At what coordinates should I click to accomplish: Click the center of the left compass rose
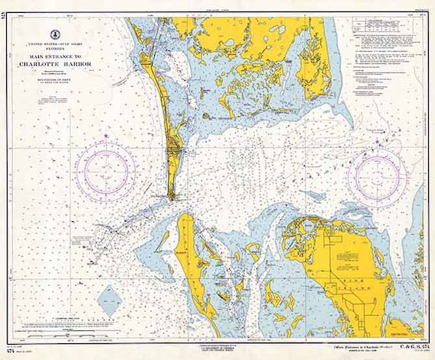point(111,168)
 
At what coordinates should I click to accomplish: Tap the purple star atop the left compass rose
point(107,135)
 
